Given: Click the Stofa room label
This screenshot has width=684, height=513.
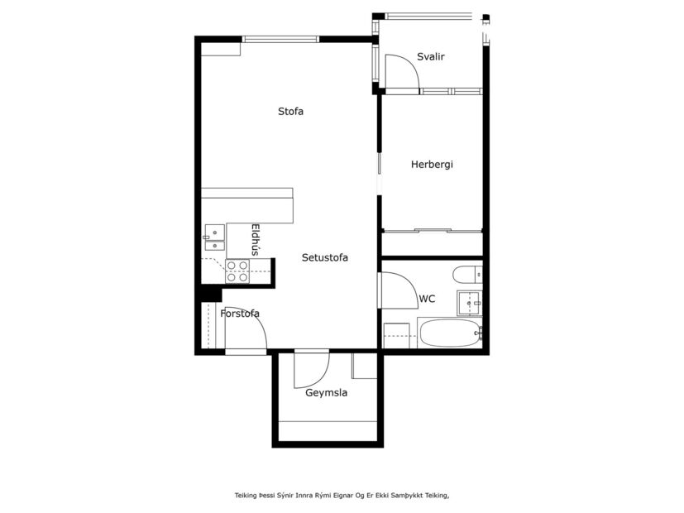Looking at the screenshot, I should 290,111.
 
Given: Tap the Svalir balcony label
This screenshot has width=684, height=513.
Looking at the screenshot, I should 431,56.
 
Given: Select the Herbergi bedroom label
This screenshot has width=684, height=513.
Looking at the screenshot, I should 432,164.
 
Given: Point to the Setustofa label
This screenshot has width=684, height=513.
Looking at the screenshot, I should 324,257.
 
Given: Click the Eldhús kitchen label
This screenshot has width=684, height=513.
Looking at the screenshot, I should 256,240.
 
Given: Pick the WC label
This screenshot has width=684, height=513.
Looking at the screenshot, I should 427,299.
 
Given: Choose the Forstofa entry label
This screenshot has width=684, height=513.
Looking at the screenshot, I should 240,314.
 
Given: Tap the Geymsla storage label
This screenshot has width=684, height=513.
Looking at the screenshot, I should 326,393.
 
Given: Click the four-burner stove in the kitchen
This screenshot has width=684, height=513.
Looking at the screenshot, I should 238,271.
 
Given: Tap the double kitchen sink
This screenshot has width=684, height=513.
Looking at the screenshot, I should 214,238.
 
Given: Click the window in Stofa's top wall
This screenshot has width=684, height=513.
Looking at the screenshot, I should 280,38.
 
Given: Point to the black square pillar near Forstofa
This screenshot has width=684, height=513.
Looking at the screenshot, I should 211,293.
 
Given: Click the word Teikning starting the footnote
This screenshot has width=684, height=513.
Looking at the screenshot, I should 246,495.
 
